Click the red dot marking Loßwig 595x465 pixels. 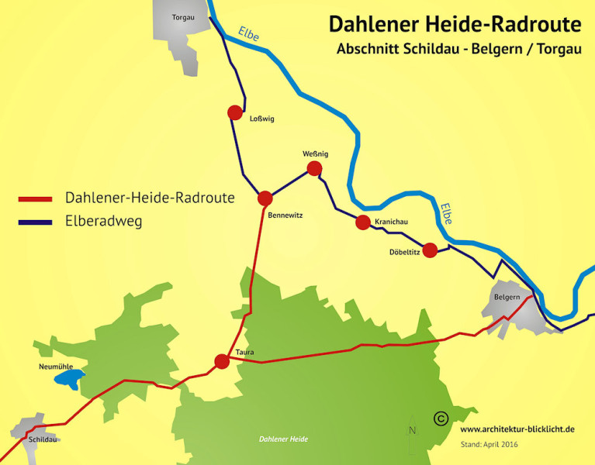point(235,113)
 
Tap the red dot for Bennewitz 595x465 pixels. point(265,198)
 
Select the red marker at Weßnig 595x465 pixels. point(314,168)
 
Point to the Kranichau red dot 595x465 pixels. point(362,223)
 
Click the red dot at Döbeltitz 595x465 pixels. point(431,250)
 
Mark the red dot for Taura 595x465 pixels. point(222,361)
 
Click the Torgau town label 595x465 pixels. point(182,17)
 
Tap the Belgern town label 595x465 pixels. point(505,297)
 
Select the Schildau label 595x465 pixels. point(43,439)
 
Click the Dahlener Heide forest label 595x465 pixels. point(283,439)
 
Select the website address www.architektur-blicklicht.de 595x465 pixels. point(517,429)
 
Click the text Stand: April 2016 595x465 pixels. point(489,445)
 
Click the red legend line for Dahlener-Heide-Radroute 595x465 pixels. point(35,199)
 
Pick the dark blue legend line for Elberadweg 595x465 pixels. point(35,222)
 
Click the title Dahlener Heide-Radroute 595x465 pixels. point(455,24)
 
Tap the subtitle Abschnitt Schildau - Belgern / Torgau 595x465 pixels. point(458,48)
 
